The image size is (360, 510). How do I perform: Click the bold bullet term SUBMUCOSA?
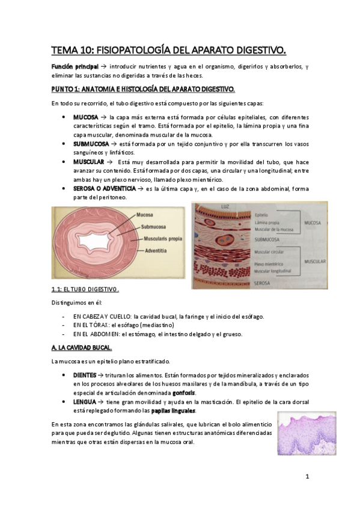click(91, 145)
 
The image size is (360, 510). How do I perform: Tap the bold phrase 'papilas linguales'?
click(173, 410)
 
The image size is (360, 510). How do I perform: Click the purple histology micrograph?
click(307, 433)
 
